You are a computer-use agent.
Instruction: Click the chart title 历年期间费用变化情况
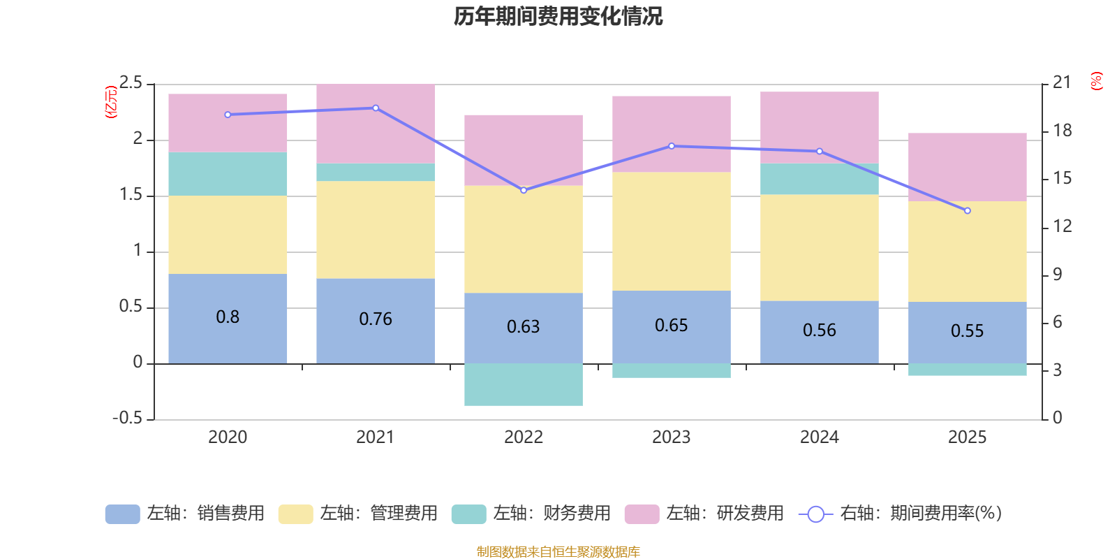point(558,16)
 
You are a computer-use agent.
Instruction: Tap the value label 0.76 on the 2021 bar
point(376,319)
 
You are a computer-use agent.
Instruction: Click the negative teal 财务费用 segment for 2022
point(524,384)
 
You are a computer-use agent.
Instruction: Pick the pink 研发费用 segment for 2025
point(967,167)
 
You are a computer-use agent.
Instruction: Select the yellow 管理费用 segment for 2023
point(672,231)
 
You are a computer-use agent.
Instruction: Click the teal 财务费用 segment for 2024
point(819,179)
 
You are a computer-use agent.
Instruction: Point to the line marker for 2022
point(524,190)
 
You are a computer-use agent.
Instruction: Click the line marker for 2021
point(376,108)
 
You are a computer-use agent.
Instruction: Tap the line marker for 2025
point(967,210)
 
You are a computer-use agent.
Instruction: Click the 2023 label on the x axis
point(672,437)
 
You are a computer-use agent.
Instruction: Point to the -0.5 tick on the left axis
point(127,419)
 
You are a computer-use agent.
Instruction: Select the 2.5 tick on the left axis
point(131,83)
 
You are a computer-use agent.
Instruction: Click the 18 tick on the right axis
point(1063,131)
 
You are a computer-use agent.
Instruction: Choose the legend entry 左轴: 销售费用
point(185,514)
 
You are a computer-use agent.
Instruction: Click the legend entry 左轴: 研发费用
point(704,514)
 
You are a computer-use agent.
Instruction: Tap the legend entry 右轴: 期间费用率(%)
point(900,514)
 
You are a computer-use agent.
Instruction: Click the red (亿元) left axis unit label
point(110,102)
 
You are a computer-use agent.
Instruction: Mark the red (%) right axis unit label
point(1097,81)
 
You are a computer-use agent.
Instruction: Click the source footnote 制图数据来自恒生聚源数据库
point(558,552)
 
